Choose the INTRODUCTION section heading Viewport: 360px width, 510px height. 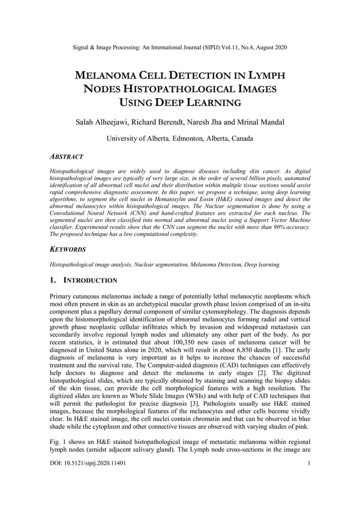pos(90,280)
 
